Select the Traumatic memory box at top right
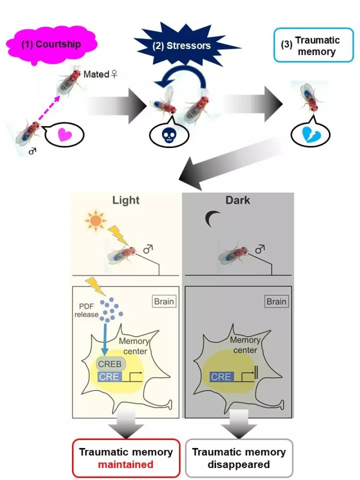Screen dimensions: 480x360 (314, 45)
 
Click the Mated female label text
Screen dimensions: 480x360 (100, 74)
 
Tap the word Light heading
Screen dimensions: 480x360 (126, 200)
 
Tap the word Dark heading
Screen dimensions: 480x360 (238, 200)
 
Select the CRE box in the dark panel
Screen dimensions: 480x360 (221, 377)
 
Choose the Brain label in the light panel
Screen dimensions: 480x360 (164, 301)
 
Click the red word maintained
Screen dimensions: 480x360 (126, 464)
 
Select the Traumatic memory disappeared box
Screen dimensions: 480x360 (239, 458)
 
